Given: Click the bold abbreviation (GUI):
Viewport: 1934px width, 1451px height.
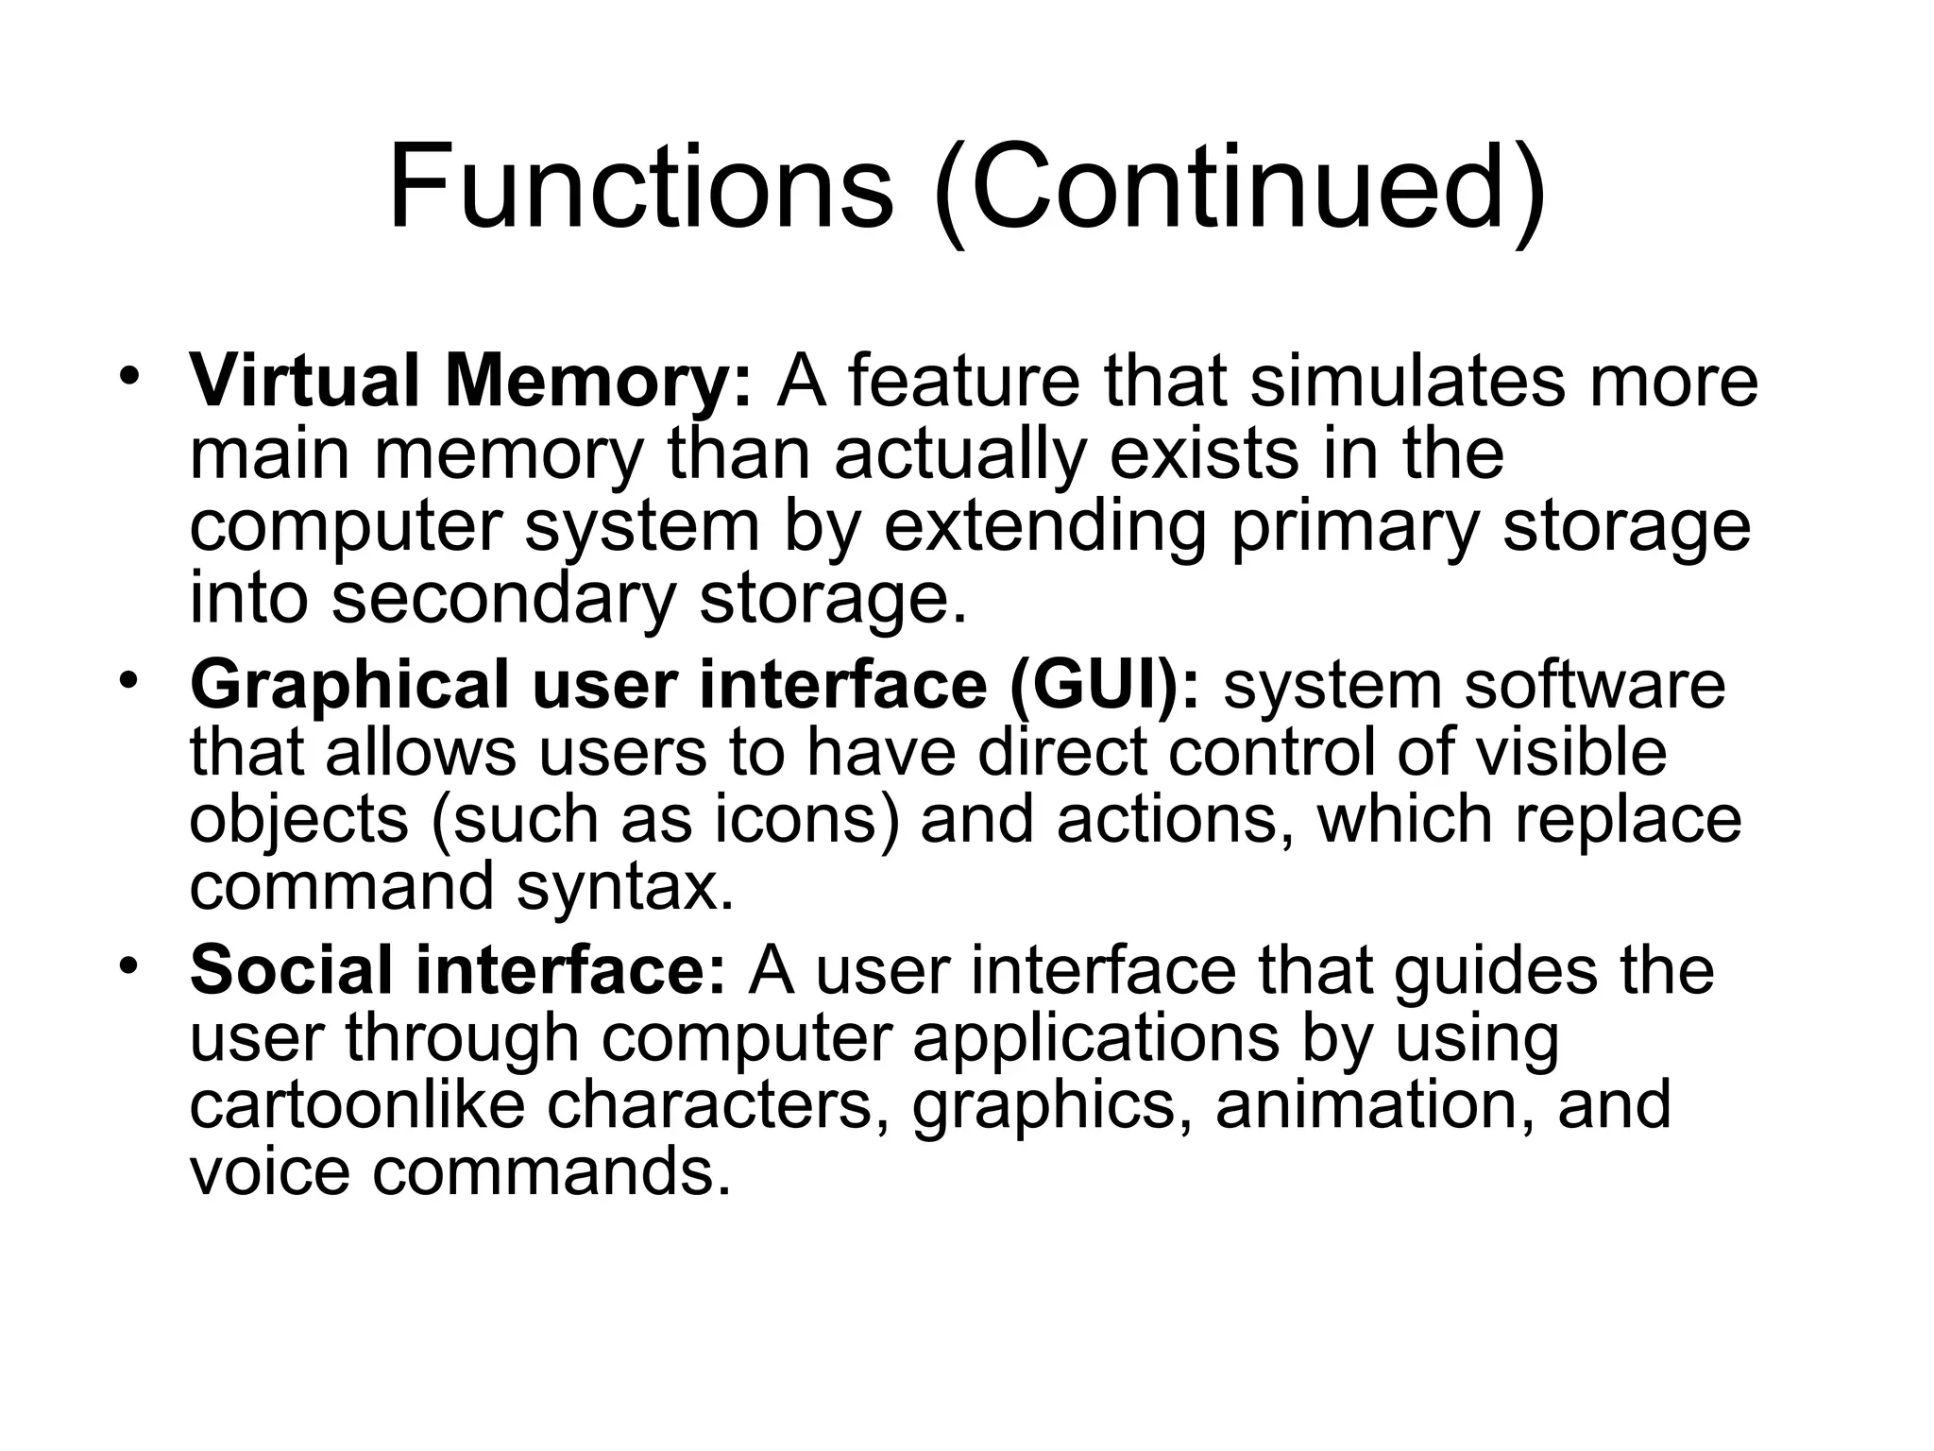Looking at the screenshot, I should (1105, 686).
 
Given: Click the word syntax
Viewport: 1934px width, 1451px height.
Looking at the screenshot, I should (624, 888).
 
